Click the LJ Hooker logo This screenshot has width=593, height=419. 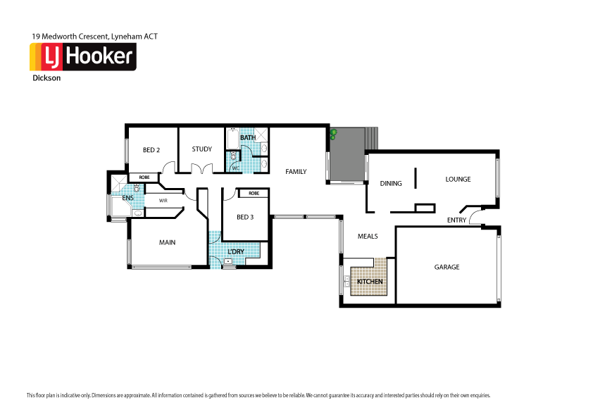pyautogui.click(x=82, y=56)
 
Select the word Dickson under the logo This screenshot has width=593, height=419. pyautogui.click(x=46, y=78)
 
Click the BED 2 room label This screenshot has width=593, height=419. pyautogui.click(x=151, y=149)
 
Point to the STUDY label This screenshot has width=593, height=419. pyautogui.click(x=201, y=149)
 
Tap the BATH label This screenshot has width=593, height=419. pyautogui.click(x=247, y=138)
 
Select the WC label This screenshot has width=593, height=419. pyautogui.click(x=236, y=168)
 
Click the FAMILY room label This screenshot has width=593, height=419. pyautogui.click(x=295, y=171)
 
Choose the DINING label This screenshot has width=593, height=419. pyautogui.click(x=391, y=183)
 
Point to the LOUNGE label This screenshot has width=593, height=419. pyautogui.click(x=458, y=179)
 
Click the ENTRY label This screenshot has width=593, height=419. pyautogui.click(x=456, y=220)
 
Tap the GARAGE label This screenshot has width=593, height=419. pyautogui.click(x=447, y=267)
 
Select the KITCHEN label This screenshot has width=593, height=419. pyautogui.click(x=370, y=282)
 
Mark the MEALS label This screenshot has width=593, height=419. pyautogui.click(x=368, y=236)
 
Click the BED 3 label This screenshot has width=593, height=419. pyautogui.click(x=244, y=217)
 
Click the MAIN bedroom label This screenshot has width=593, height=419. pyautogui.click(x=167, y=242)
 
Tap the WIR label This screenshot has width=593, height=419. pyautogui.click(x=163, y=201)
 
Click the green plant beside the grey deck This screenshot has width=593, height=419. pyautogui.click(x=333, y=134)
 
